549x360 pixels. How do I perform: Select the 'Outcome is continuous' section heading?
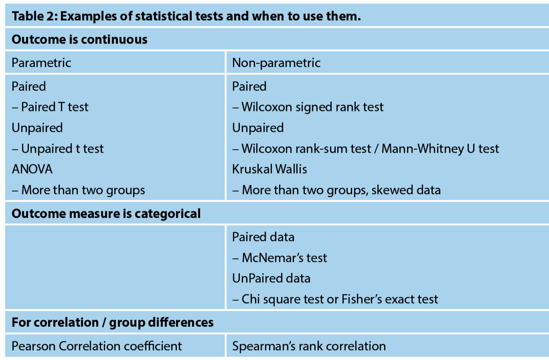(x=79, y=40)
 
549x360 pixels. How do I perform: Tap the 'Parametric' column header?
(x=41, y=63)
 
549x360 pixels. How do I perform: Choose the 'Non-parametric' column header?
(x=276, y=63)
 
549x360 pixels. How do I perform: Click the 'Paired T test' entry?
(x=55, y=107)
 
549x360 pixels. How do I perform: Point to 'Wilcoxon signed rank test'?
(x=313, y=107)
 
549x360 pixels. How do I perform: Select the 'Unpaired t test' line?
(x=62, y=149)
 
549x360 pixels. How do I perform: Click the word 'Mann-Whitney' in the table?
(x=423, y=149)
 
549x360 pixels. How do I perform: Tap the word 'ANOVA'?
(x=32, y=169)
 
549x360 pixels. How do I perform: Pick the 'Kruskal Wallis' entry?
(x=269, y=169)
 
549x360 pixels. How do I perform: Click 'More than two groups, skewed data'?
(x=341, y=190)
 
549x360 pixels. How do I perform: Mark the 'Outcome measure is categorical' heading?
(x=106, y=214)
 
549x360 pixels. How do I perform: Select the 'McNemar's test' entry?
(x=284, y=258)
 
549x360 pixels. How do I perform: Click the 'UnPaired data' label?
(x=271, y=278)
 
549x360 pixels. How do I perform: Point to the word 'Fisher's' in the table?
(x=362, y=299)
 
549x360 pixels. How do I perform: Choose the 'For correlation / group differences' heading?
(x=112, y=323)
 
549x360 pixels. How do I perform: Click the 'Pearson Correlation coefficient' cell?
(x=97, y=346)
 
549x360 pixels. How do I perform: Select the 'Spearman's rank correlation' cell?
(x=309, y=346)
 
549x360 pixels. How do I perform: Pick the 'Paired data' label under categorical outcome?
(x=263, y=237)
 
